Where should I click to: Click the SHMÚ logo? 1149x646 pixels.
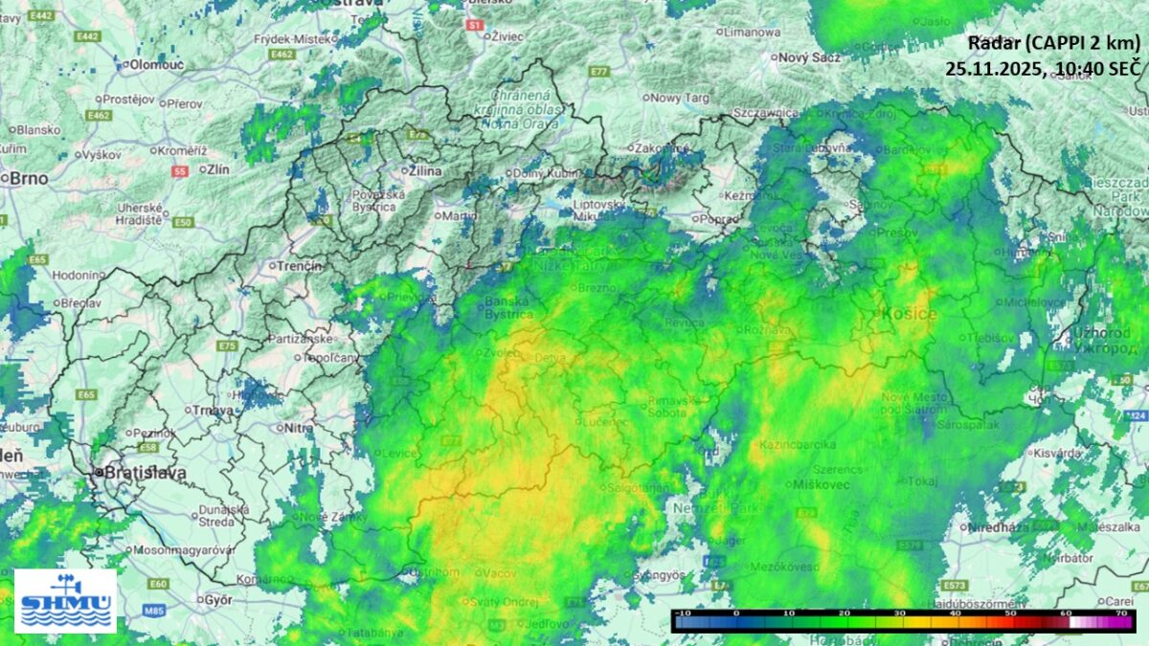coord(65,600)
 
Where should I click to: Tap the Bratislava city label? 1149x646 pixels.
coord(137,473)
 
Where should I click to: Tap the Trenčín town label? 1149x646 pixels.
coord(300,265)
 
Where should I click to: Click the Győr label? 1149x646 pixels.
coord(218,600)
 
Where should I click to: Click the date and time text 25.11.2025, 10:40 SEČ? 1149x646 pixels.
coord(1043,68)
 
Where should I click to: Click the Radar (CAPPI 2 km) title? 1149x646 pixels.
coord(1054,43)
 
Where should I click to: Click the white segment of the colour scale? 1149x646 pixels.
coord(1079,622)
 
